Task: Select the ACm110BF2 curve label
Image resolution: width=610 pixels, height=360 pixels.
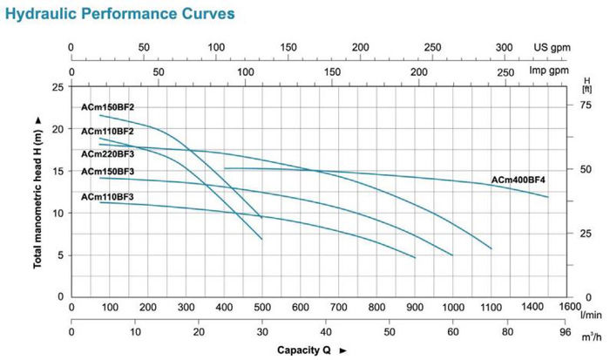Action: [108, 131]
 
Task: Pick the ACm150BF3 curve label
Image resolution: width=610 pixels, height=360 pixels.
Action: [108, 171]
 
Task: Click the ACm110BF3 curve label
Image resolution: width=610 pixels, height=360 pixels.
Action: [108, 197]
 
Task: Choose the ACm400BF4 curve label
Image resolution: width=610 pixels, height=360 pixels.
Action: [518, 180]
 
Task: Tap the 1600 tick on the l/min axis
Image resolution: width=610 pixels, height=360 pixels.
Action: [569, 307]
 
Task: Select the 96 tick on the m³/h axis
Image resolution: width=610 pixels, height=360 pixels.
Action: [569, 332]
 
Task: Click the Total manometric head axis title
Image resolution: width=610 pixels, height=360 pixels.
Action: [38, 191]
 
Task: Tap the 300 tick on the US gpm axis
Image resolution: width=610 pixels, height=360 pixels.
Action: [504, 48]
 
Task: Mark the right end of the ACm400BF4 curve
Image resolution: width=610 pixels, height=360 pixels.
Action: [548, 197]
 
